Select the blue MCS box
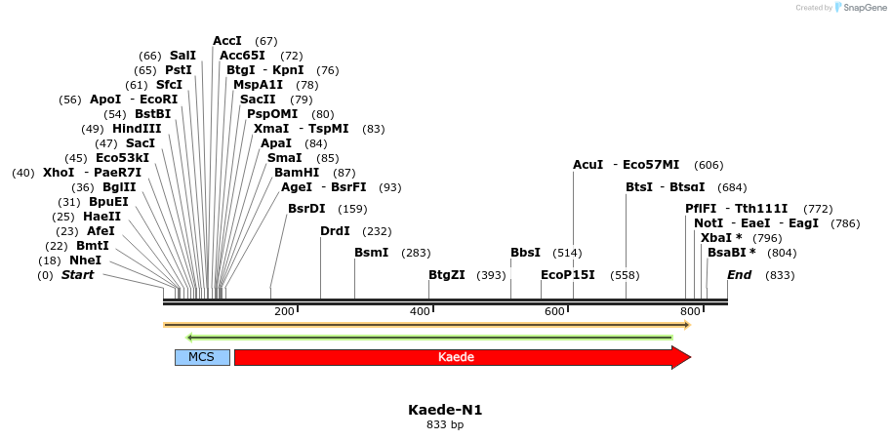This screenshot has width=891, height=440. point(202,357)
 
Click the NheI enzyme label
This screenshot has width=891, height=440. point(85,260)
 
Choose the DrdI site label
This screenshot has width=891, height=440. point(335,231)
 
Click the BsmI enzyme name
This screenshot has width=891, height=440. point(371,253)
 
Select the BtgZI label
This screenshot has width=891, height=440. point(447,275)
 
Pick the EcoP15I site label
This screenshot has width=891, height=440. point(567,275)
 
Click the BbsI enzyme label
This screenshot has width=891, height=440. point(525,253)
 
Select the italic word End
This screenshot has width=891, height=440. point(739,275)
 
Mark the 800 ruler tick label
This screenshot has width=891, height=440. point(690,311)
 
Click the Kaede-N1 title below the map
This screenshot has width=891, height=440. point(445,410)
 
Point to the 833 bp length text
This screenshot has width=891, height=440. point(445,425)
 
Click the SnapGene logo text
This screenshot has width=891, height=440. point(863,8)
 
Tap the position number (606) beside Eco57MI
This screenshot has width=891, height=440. point(709,165)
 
